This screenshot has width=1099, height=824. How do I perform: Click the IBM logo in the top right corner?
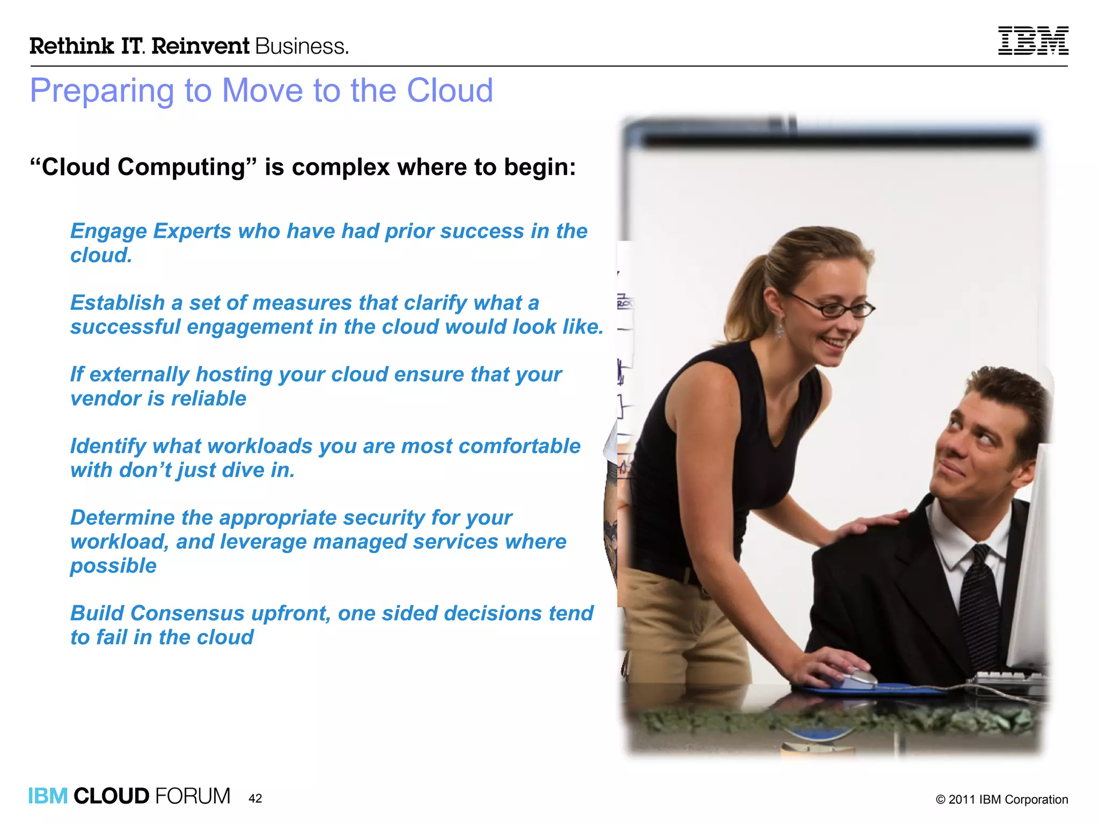1032,41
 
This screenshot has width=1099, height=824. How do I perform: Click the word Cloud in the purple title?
450,90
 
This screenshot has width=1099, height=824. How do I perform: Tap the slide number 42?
255,798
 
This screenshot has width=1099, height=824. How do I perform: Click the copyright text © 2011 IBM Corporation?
1001,799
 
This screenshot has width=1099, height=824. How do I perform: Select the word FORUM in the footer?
193,796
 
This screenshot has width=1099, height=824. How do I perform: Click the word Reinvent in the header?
200,46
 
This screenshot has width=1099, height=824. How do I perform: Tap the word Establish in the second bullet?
117,303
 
